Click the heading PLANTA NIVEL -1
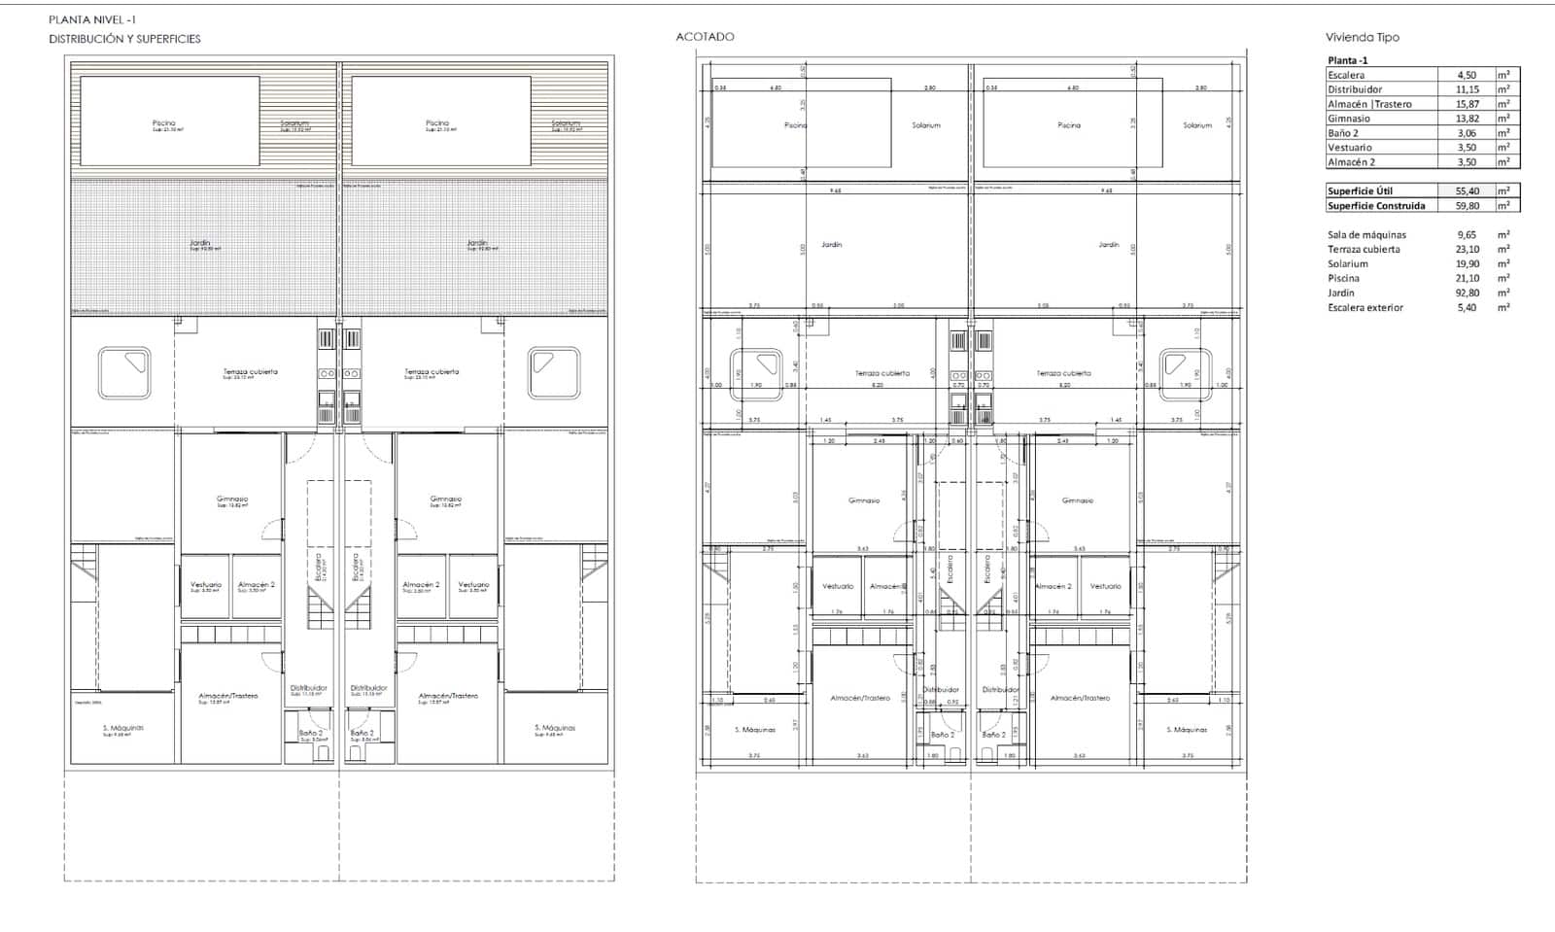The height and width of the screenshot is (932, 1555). pyautogui.click(x=92, y=18)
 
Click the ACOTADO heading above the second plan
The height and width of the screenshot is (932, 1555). pyautogui.click(x=705, y=37)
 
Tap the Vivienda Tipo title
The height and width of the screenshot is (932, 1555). pyautogui.click(x=1362, y=37)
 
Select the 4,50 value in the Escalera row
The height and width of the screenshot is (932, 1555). pyautogui.click(x=1466, y=75)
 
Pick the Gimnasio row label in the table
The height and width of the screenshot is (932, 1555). pyautogui.click(x=1349, y=119)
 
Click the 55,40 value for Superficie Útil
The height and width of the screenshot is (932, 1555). pyautogui.click(x=1467, y=191)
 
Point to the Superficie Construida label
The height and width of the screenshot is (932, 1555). pyautogui.click(x=1376, y=206)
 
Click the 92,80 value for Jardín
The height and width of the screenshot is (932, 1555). pyautogui.click(x=1467, y=293)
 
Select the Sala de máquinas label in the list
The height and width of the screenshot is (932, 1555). pyautogui.click(x=1366, y=234)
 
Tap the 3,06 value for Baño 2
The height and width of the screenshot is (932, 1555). pyautogui.click(x=1466, y=133)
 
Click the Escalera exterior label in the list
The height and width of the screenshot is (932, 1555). pyautogui.click(x=1365, y=307)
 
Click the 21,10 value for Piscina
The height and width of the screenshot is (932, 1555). pyautogui.click(x=1467, y=278)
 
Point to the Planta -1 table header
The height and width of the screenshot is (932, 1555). pyautogui.click(x=1348, y=60)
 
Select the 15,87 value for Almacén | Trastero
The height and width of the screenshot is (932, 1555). pyautogui.click(x=1467, y=104)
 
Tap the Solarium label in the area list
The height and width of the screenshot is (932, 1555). pyautogui.click(x=1347, y=263)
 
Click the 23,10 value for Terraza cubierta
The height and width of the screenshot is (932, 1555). pyautogui.click(x=1467, y=249)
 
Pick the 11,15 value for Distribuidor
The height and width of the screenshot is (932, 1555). pyautogui.click(x=1467, y=89)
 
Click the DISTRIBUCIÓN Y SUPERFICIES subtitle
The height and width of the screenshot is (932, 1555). pyautogui.click(x=124, y=39)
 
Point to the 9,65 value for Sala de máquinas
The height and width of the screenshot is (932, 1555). pyautogui.click(x=1467, y=234)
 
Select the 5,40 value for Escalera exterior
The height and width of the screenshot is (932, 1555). pyautogui.click(x=1467, y=307)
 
